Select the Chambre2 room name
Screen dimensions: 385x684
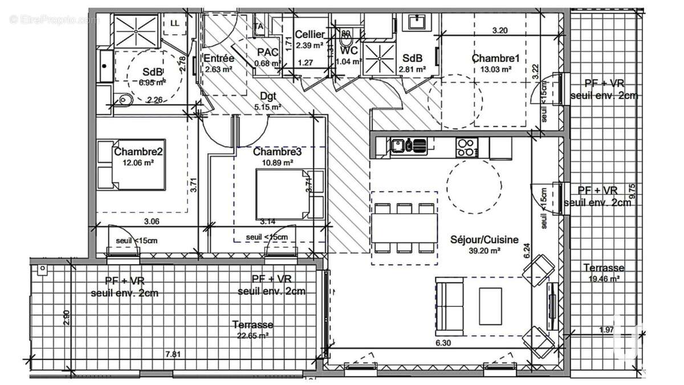[x=135, y=152]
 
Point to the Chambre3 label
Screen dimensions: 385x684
[x=277, y=152]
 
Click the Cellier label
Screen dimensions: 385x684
[x=310, y=35]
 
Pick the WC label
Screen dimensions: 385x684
[x=349, y=51]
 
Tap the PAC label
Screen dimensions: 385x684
[x=267, y=52]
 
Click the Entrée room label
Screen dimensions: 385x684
[x=219, y=58]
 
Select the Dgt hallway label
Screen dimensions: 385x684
[x=267, y=96]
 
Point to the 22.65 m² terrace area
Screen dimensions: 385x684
[x=253, y=336]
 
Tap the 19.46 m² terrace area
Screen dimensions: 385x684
[x=604, y=279]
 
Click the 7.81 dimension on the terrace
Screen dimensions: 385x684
[x=172, y=354]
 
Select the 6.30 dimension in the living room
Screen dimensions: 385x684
[x=443, y=343]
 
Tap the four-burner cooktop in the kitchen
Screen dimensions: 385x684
[x=467, y=147]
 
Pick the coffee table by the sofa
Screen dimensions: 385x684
[x=490, y=306]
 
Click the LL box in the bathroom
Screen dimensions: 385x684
[x=174, y=23]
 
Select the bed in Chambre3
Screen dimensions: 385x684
[x=282, y=194]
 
